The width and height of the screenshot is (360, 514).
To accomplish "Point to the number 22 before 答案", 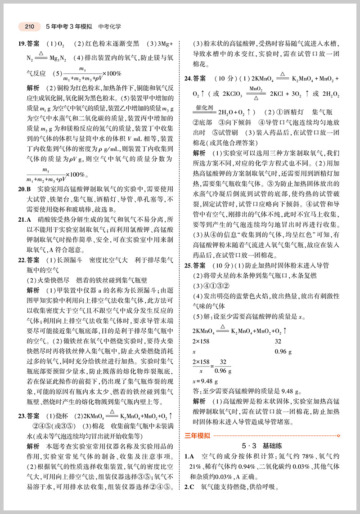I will (x=21, y=260).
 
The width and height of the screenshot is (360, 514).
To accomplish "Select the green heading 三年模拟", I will (x=197, y=434).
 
